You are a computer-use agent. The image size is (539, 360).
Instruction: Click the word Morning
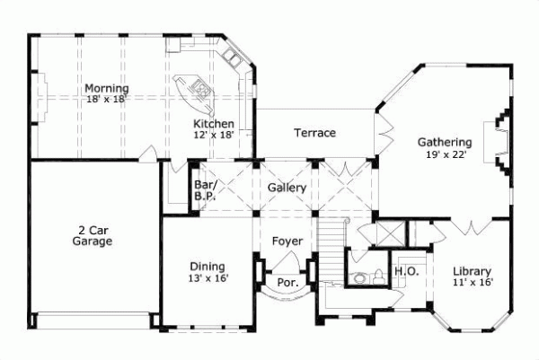(106, 88)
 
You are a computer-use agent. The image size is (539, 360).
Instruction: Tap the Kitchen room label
(214, 124)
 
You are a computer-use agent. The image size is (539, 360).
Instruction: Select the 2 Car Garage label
(93, 235)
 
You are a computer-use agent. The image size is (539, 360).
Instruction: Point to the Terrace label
(314, 133)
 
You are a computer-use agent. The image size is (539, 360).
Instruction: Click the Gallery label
(287, 188)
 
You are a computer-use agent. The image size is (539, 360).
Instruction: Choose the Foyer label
(287, 241)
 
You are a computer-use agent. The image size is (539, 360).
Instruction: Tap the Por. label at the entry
(287, 281)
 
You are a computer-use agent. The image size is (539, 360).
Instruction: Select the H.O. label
(404, 272)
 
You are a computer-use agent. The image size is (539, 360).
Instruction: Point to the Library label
(472, 272)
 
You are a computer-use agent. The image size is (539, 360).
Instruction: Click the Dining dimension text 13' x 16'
(208, 278)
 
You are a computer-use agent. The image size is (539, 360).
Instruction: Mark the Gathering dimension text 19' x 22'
(444, 154)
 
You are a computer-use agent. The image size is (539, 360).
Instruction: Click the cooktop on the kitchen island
(199, 89)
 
